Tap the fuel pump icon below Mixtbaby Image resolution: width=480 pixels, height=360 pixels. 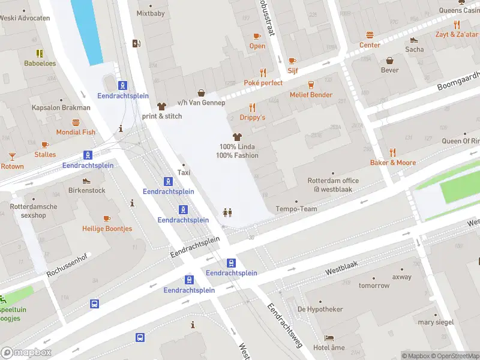136,43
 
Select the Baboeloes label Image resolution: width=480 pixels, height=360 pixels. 40,63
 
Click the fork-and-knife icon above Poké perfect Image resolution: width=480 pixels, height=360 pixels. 263,72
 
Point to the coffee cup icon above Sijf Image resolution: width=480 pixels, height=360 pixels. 292,60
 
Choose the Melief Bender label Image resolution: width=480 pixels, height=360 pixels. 311,95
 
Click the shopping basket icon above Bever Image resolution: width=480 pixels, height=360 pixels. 390,60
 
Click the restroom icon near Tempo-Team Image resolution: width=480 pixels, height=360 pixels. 227,212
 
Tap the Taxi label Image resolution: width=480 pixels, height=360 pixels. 184,173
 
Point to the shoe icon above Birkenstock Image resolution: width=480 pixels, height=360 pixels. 86,181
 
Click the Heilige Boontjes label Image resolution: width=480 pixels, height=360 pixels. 107,229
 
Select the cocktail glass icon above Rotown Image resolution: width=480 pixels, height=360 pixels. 12,157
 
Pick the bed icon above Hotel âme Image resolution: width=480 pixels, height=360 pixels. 329,338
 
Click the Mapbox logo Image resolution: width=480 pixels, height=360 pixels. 26,353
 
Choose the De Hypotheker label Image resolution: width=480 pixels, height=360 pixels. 320,309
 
